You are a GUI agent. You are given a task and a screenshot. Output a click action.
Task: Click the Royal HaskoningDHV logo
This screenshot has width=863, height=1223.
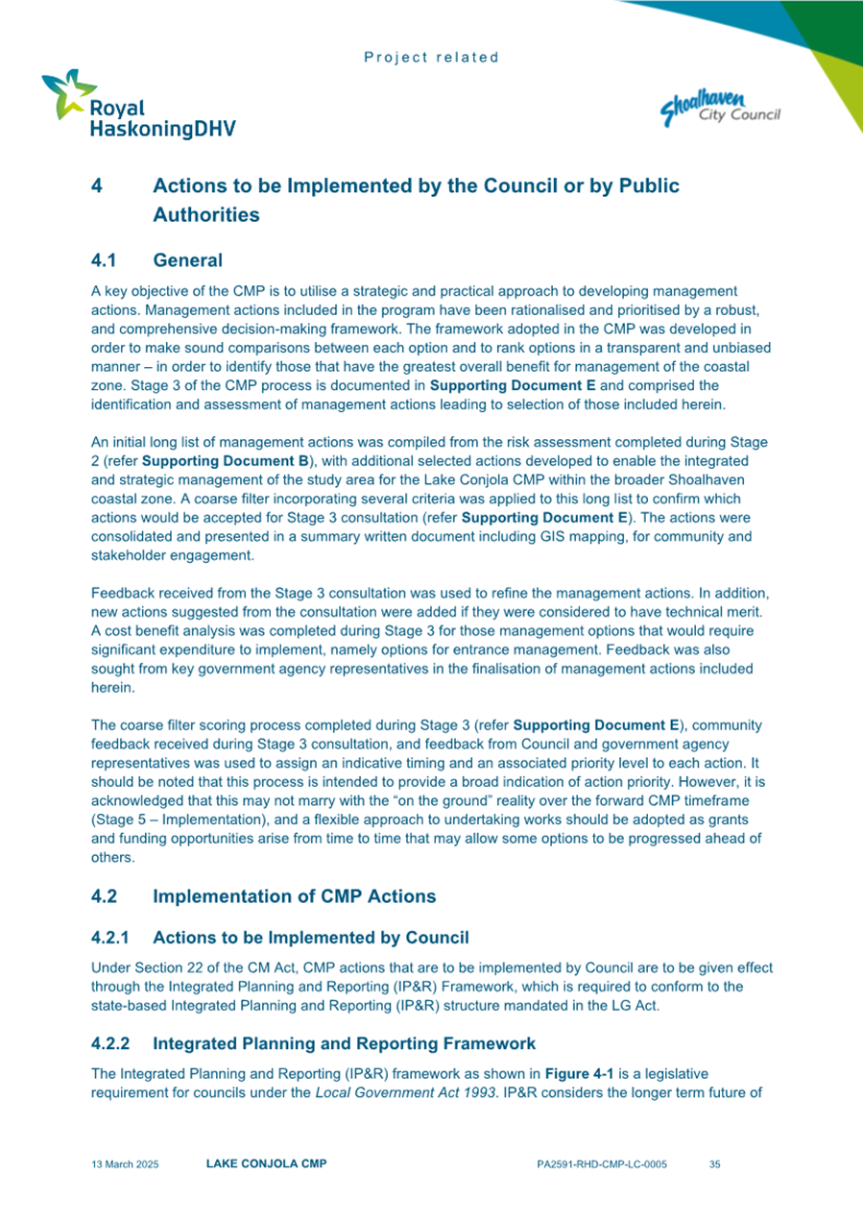137,106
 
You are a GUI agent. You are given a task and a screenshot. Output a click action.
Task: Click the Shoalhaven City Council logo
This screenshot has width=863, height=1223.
719,106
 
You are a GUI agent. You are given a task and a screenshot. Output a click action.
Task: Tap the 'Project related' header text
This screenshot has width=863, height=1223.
432,58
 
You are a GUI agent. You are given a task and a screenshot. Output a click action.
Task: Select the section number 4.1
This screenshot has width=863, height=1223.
104,260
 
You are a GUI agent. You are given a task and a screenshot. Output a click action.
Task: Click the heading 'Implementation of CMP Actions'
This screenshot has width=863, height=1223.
294,896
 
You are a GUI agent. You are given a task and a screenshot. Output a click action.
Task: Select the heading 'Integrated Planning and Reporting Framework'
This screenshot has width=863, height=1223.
344,1042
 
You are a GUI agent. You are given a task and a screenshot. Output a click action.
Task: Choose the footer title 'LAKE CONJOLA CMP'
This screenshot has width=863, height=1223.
266,1164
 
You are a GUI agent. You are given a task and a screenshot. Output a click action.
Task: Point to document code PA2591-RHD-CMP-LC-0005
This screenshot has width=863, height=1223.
603,1164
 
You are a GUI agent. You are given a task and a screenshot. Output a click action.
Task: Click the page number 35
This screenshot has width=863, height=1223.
714,1164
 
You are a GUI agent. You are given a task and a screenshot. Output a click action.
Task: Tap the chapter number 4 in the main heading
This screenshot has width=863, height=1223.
97,185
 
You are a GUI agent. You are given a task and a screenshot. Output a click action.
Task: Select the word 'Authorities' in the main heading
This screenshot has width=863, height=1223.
205,215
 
